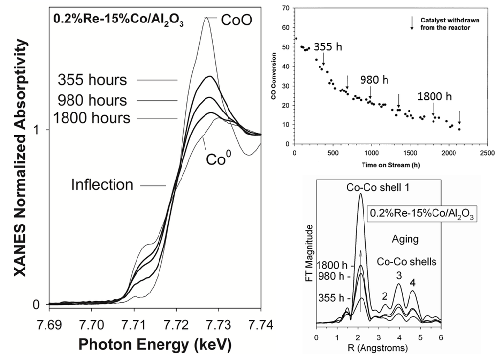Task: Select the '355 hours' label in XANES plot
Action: pos(91,80)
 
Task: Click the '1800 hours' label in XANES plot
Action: pos(93,118)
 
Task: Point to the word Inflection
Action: pos(102,185)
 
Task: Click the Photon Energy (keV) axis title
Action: pos(155,344)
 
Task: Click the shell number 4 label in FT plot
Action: pos(413,282)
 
